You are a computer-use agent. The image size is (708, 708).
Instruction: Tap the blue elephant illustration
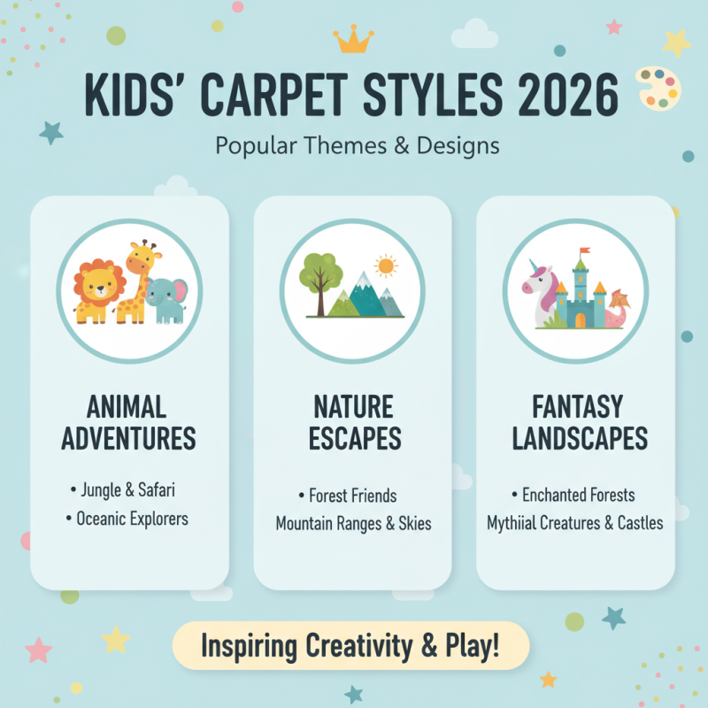coord(166,300)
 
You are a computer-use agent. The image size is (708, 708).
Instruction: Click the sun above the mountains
coord(386,265)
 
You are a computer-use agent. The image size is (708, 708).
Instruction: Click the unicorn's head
coord(537,282)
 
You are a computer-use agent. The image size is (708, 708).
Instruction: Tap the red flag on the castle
coord(585,253)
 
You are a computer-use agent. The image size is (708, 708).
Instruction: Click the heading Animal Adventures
coord(129,422)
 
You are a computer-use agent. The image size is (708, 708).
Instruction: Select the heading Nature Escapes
coord(353,422)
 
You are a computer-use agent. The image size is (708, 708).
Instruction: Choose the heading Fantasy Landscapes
coord(577,422)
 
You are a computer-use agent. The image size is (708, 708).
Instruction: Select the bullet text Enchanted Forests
coord(578,495)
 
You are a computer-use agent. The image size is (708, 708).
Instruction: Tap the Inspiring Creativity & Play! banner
coord(350,645)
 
